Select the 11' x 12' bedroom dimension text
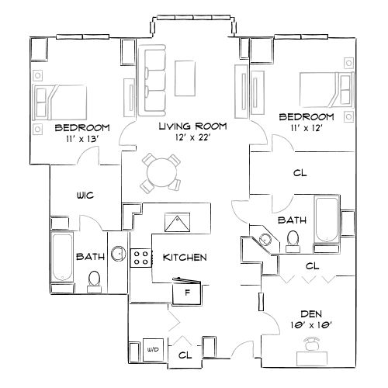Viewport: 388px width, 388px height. click(x=307, y=127)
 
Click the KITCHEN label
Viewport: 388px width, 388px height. click(x=184, y=257)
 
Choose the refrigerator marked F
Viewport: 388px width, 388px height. click(x=188, y=292)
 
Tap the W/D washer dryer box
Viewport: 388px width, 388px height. click(x=153, y=351)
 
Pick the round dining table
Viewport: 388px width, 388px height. click(x=161, y=171)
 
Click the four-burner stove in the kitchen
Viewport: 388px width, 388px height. click(x=140, y=258)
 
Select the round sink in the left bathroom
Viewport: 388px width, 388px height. click(x=118, y=254)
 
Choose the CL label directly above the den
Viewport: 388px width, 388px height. click(x=312, y=265)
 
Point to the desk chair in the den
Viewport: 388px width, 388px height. click(x=313, y=346)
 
